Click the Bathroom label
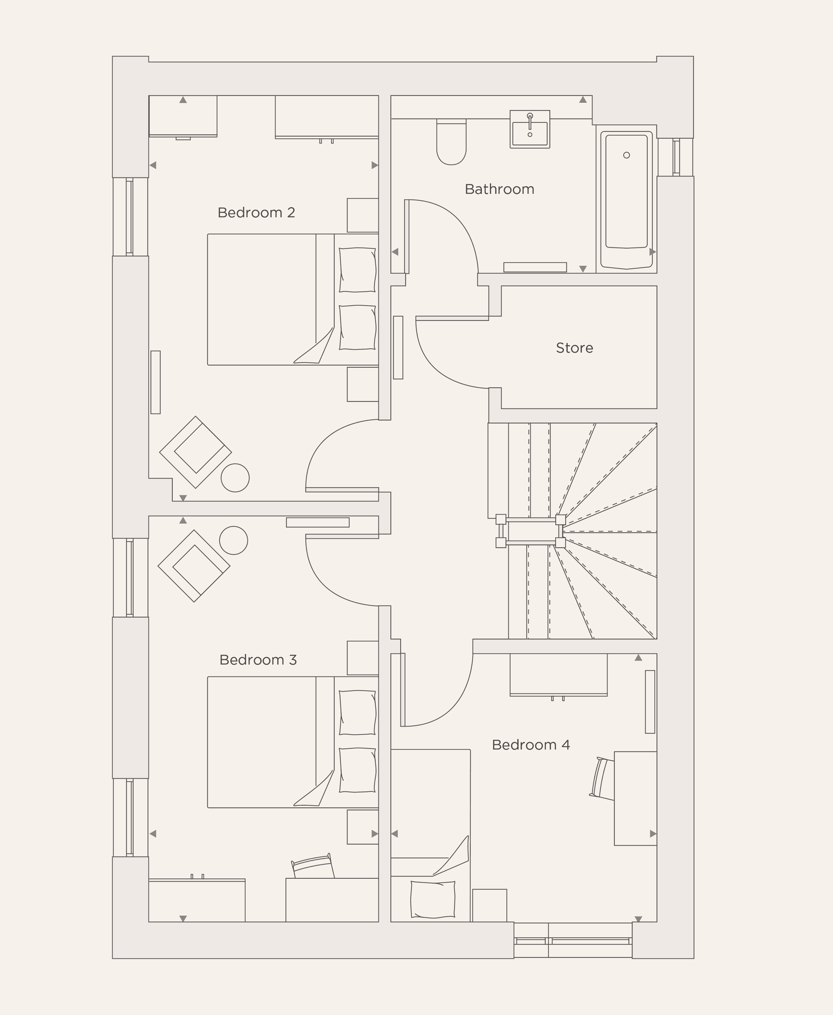[x=499, y=189]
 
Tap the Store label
[x=574, y=348]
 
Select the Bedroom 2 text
[x=256, y=212]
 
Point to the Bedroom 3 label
[x=258, y=660]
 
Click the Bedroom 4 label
[x=530, y=745]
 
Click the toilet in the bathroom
[x=451, y=143]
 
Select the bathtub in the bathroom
[x=626, y=199]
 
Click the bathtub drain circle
[x=626, y=155]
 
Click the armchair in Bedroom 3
[x=194, y=566]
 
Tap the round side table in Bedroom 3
[x=233, y=540]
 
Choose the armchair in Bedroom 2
[x=195, y=452]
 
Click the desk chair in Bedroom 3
[x=312, y=866]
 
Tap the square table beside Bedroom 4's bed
[x=489, y=905]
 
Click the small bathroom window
[x=676, y=157]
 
